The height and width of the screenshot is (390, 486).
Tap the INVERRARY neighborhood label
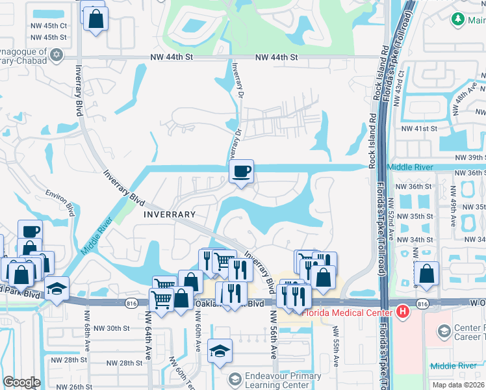170,214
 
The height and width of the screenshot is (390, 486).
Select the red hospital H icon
403,312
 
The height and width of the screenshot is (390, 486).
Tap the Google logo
21,383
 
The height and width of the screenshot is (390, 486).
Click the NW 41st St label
419,129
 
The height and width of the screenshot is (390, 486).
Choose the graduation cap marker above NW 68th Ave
57,288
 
